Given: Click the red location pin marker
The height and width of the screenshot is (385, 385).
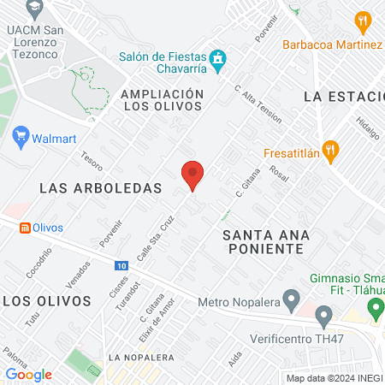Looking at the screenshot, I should point(192,175).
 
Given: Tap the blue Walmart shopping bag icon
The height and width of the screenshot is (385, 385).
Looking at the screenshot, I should point(21,136).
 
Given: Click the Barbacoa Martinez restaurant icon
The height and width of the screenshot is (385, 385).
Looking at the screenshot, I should point(364,21).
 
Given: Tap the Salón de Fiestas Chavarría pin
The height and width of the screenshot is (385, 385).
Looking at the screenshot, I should point(218,58).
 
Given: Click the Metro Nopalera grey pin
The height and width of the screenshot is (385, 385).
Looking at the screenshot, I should point(291,301).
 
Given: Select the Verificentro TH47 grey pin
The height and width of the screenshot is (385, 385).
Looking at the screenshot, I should point(323,317).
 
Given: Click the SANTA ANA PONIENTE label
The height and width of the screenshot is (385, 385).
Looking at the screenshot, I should point(263,240).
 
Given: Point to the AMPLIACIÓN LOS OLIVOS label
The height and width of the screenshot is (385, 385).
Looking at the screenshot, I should point(162,99).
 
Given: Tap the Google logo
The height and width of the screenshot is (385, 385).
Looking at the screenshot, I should point(28,374).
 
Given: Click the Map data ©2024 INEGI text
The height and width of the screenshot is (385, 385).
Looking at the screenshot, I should point(334,378).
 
